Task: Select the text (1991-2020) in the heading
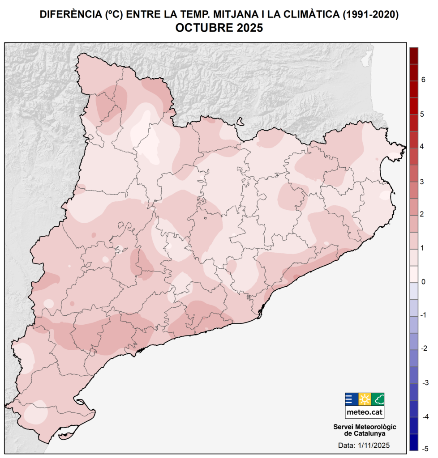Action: click(x=370, y=14)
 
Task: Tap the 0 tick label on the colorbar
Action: click(x=423, y=282)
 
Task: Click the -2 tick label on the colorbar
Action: click(x=423, y=349)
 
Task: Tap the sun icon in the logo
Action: click(x=365, y=399)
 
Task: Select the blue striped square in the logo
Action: click(x=351, y=399)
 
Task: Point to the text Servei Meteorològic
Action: click(x=365, y=427)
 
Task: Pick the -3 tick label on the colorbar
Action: click(x=423, y=382)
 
